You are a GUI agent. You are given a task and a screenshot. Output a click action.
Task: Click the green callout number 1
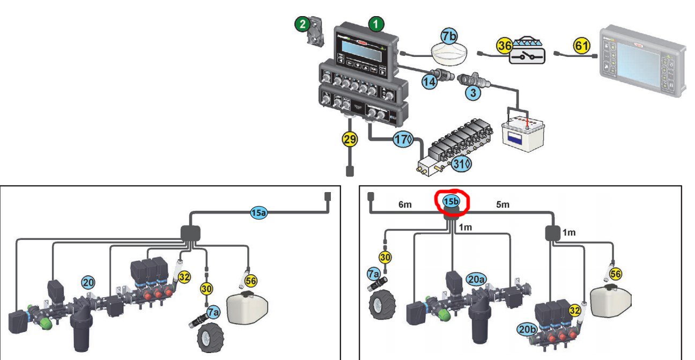click(x=376, y=24)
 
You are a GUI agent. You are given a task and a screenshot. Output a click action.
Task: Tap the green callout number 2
click(x=302, y=24)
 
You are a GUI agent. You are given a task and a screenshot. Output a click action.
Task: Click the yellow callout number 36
click(x=505, y=46)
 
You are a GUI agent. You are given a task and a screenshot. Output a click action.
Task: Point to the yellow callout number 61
click(x=582, y=46)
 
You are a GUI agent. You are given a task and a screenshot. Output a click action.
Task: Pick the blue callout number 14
click(x=429, y=83)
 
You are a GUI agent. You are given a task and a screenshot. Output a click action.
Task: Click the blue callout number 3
click(x=472, y=93)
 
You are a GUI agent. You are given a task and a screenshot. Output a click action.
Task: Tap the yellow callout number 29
click(x=350, y=139)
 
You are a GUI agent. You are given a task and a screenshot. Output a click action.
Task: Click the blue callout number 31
click(x=458, y=164)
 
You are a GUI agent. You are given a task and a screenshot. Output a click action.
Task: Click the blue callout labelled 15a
click(x=258, y=213)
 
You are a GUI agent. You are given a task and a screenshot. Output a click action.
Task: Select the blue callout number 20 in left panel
click(x=88, y=282)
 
